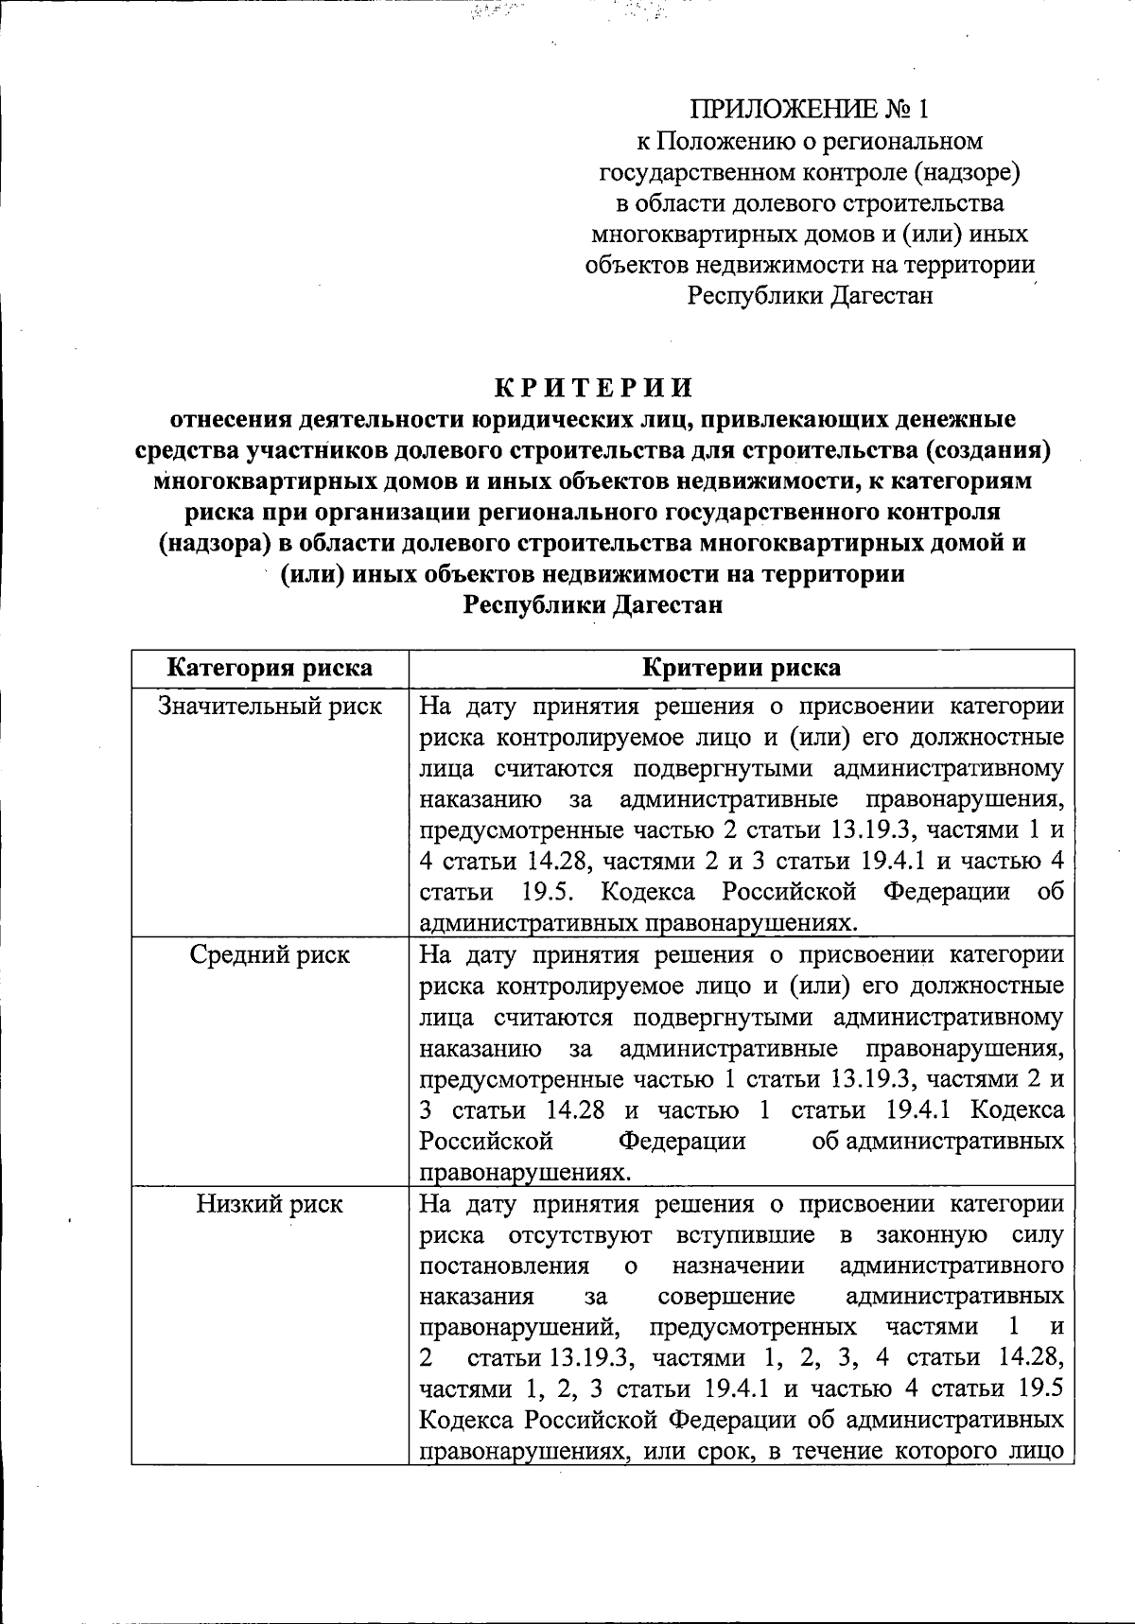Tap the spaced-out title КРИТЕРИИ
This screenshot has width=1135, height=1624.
click(593, 388)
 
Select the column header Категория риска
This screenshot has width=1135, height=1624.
click(270, 668)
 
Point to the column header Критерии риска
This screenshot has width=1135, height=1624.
click(742, 668)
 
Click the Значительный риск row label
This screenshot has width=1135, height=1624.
click(270, 706)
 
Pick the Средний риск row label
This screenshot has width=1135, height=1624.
click(270, 955)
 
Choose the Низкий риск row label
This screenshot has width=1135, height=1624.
click(270, 1204)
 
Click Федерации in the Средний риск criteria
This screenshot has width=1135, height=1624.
click(681, 1141)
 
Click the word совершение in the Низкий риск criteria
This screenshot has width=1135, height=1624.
click(725, 1297)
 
